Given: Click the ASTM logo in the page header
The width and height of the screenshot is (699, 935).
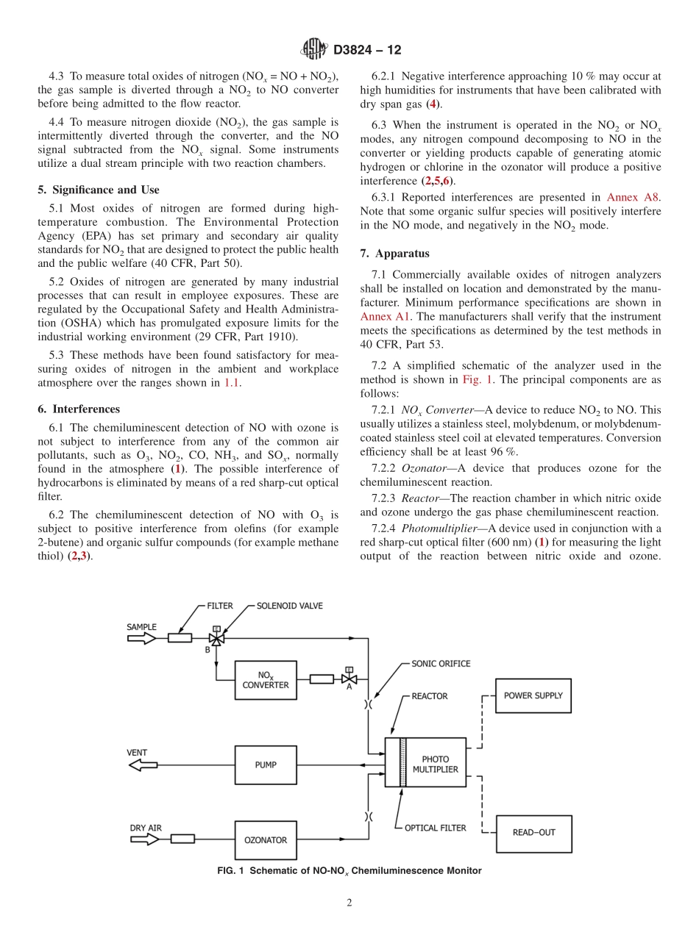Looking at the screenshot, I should pos(314,50).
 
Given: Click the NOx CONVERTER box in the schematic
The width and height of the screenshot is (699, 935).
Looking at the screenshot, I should pos(266,680).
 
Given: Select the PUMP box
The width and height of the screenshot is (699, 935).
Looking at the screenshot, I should pos(266,765).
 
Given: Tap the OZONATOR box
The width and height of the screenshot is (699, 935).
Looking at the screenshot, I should pos(266,840).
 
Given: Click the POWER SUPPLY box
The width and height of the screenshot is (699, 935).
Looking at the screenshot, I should pos(533,695).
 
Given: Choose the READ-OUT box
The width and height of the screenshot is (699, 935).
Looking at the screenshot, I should pos(533,833).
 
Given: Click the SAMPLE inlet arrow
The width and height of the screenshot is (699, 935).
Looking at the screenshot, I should pos(141,638).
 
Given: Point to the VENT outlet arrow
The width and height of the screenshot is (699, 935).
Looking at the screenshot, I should pos(143,765).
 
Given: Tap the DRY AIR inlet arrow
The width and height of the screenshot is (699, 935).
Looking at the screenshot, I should pos(144,839).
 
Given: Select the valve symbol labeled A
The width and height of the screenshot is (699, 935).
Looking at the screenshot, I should pos(349,678).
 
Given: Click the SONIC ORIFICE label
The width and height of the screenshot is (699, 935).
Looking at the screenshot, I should pos(440,663).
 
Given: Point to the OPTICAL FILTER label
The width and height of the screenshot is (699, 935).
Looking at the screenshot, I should pos(435,828).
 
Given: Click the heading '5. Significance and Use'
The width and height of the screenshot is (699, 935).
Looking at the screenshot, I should pos(98,190).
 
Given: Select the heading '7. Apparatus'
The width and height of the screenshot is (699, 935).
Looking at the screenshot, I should pos(394,254).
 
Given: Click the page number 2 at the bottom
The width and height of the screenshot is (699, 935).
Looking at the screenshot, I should pos(349,903).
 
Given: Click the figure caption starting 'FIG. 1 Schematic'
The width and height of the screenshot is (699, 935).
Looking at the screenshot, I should pos(349,870).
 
